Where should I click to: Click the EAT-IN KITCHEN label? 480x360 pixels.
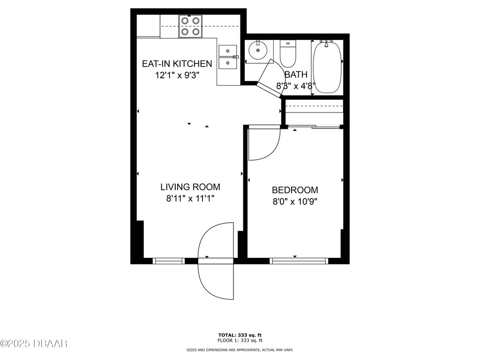pos(177,64)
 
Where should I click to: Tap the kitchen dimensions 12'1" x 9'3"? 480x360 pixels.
pos(177,75)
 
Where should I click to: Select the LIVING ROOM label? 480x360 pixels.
pos(190,187)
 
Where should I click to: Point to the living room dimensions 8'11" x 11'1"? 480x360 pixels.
pos(190,198)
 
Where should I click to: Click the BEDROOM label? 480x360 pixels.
pos(295,190)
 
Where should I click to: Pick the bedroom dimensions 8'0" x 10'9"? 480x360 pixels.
pos(295,202)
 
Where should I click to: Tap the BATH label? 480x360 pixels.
pos(296,75)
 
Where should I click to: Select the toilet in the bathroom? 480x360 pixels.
pos(288,54)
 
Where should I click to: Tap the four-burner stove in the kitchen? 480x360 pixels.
pos(190,27)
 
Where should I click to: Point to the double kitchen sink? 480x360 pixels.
pos(228,57)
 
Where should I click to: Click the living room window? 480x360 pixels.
pos(169,261)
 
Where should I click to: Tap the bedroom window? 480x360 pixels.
pos(299,261)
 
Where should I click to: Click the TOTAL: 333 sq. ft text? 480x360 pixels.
pos(240,335)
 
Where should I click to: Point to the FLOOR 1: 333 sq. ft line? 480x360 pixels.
pos(240,340)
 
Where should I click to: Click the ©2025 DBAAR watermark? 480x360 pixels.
pos(34,344)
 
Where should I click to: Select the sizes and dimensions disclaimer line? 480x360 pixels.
pos(240,350)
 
